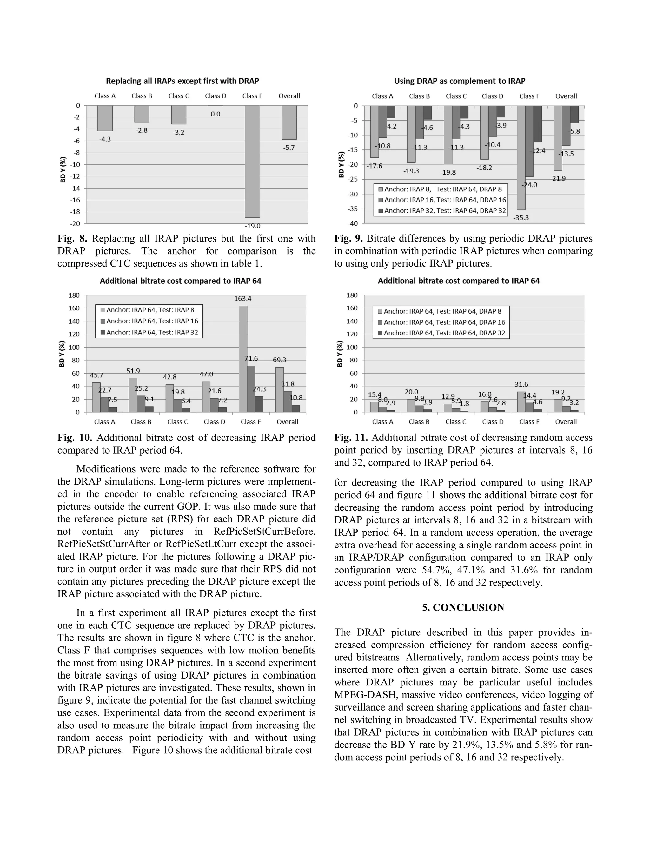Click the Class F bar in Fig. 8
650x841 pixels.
point(252,162)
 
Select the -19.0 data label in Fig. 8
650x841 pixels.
point(253,226)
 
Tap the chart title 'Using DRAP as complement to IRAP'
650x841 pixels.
point(459,81)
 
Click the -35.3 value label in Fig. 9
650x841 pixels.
point(521,218)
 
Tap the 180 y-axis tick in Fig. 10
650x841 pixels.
point(74,295)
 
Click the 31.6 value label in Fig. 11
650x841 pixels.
point(521,384)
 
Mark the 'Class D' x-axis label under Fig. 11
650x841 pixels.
point(493,422)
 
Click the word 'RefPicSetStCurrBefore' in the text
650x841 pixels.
point(264,532)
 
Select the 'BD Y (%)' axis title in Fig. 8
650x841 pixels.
point(63,169)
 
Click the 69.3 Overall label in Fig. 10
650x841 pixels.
point(279,360)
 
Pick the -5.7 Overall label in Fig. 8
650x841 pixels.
point(289,148)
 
